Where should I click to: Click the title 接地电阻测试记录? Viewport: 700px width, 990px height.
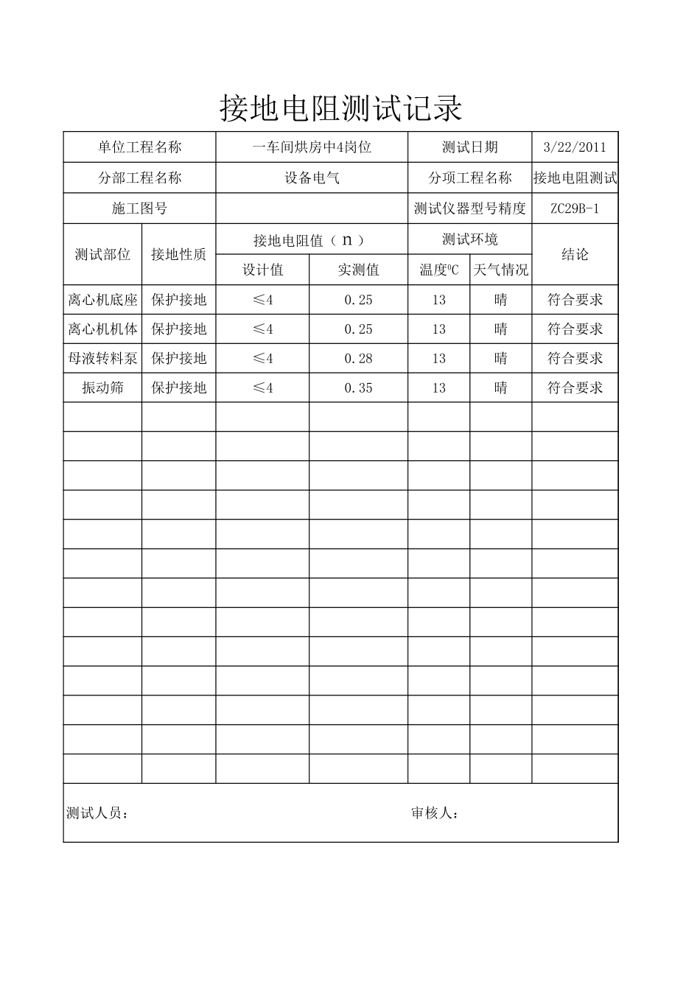340,109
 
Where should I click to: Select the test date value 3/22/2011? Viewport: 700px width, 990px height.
575,147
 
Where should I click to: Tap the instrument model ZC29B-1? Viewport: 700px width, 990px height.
575,208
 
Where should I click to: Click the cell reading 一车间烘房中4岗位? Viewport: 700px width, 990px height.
312,147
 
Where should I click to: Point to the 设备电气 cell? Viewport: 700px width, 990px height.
312,178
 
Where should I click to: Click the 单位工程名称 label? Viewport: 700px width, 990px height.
139,147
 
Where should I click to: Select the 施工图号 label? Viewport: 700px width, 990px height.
139,208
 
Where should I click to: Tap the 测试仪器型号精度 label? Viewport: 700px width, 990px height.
470,208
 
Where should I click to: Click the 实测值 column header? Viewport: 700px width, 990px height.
358,270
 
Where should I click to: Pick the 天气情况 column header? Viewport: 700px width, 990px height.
501,270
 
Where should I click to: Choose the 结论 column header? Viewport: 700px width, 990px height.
575,254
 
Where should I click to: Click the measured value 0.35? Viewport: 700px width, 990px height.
358,388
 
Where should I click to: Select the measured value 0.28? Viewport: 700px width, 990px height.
358,359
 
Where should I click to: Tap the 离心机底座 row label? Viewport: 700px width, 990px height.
102,300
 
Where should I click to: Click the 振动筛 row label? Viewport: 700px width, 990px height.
102,388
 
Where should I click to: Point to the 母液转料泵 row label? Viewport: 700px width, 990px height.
102,359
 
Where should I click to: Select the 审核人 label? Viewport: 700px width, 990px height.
435,813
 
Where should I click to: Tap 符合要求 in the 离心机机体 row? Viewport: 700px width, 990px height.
575,329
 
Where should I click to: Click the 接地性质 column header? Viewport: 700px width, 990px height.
178,254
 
